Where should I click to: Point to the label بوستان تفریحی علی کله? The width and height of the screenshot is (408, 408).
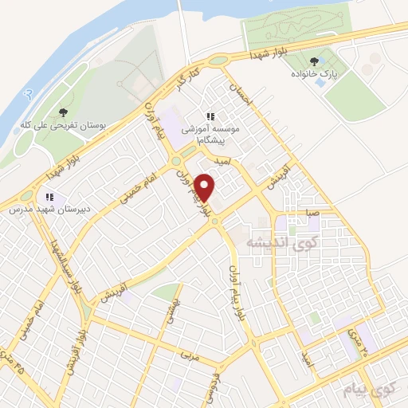tap(65, 126)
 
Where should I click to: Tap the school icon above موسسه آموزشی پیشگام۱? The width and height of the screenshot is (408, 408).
tap(211, 115)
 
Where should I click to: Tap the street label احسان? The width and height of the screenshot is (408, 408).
tap(240, 98)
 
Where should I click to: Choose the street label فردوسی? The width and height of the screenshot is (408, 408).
tap(215, 379)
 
